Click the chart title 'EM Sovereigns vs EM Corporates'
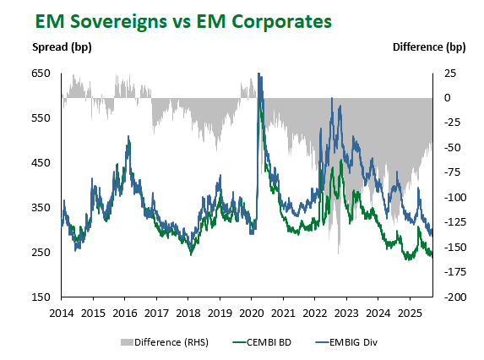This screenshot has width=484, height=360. click(x=183, y=22)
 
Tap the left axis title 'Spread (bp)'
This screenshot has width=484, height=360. click(x=62, y=47)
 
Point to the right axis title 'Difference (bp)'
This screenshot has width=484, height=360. click(x=429, y=47)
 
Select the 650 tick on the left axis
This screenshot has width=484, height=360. click(x=41, y=74)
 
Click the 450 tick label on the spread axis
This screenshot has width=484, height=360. click(x=41, y=163)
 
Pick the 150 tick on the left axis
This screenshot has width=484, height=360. click(x=41, y=297)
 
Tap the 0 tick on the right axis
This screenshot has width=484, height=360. click(x=448, y=98)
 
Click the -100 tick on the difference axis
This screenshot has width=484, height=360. click(x=455, y=197)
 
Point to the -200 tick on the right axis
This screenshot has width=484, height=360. click(x=455, y=297)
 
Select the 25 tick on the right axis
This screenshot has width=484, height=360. click(x=450, y=74)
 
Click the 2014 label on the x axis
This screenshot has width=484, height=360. click(x=62, y=313)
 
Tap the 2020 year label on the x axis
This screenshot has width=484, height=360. click(x=252, y=313)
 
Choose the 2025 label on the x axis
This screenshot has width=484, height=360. click(x=410, y=313)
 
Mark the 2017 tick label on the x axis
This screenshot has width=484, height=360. click(x=156, y=313)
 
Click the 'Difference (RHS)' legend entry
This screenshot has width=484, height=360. click(x=165, y=342)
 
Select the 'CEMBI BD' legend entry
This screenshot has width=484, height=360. click(x=262, y=342)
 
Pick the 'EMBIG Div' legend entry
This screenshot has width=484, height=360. click(x=346, y=342)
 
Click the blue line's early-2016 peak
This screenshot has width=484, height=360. click(x=128, y=136)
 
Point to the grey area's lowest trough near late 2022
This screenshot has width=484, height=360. click(x=339, y=254)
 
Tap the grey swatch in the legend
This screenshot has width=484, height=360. click(x=127, y=342)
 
